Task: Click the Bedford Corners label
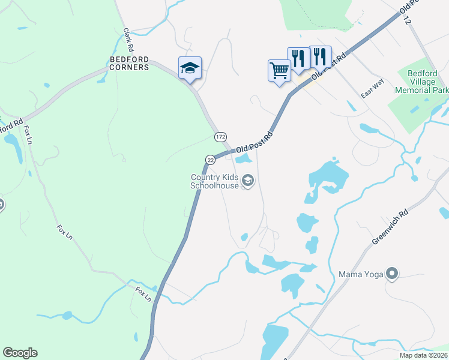point(129,63)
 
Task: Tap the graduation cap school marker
point(190,68)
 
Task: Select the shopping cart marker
point(279,71)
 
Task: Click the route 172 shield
point(220,137)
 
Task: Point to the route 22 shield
point(210,159)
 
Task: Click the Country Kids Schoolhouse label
point(214,181)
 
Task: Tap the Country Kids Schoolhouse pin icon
point(247,181)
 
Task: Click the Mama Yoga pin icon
point(392,274)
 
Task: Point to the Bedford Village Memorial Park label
point(422,82)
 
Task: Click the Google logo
point(20,353)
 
